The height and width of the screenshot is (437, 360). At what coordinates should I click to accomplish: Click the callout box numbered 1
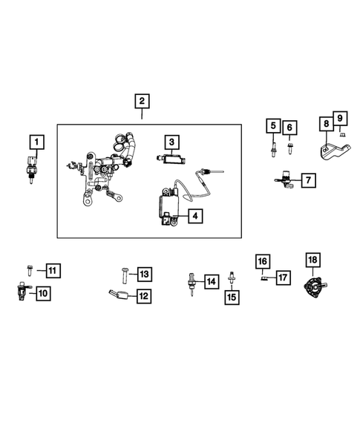[x=36, y=141]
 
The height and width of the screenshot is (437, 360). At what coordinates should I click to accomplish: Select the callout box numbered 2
[x=141, y=101]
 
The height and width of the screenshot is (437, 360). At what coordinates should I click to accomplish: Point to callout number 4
[x=194, y=217]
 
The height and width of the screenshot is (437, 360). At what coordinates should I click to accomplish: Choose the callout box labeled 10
[x=42, y=294]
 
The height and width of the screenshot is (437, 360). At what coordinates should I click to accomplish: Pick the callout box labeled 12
[x=143, y=296]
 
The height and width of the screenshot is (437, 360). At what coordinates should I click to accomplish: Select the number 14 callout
[x=211, y=281]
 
